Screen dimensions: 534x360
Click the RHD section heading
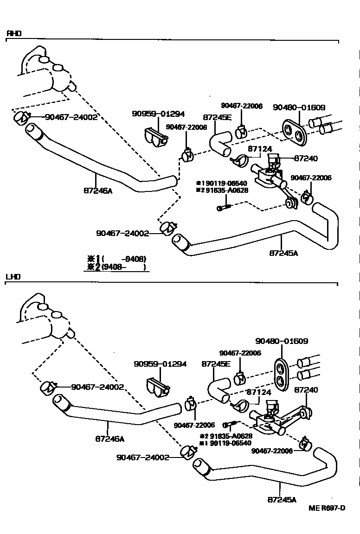coord(13,33)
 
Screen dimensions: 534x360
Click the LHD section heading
coord(13,277)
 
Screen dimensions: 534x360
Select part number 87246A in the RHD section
coord(98,190)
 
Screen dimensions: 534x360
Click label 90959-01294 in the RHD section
coord(158,114)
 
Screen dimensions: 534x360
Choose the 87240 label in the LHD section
coord(306,390)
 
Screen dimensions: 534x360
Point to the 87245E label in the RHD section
coord(217,117)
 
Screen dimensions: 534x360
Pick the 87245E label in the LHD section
coord(216,377)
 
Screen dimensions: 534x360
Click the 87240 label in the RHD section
coord(305,158)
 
